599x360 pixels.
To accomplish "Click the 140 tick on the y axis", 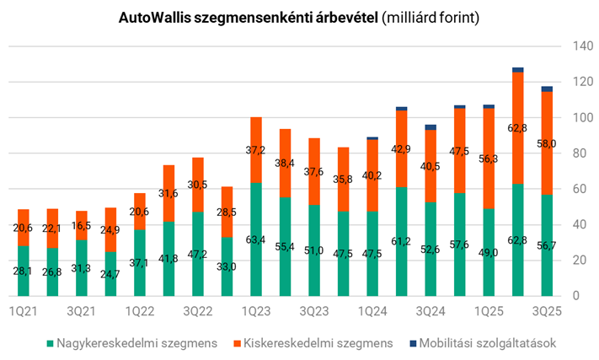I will pyautogui.click(x=580, y=46).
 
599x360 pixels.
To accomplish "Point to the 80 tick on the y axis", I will pyautogui.click(x=578, y=153).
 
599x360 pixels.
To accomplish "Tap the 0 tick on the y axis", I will pyautogui.click(x=575, y=296).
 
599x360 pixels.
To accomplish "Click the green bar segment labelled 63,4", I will pyautogui.click(x=255, y=240).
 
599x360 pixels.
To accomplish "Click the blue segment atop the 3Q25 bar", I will pyautogui.click(x=547, y=89).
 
